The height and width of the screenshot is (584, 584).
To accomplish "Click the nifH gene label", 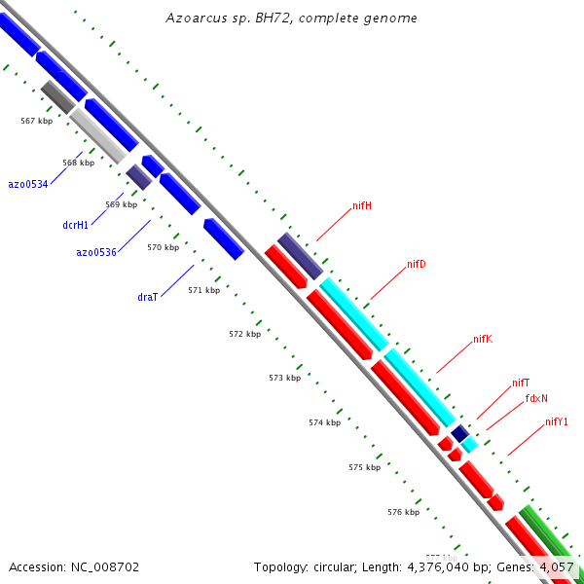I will coord(362,205).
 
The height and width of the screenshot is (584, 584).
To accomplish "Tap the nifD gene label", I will coord(417,264).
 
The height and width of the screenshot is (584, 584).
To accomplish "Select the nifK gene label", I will coord(483,339).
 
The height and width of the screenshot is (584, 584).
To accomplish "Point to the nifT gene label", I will coord(521,383).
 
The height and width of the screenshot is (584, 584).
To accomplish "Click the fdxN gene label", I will coord(536,398).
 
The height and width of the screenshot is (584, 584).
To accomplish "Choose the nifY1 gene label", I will coord(557,421).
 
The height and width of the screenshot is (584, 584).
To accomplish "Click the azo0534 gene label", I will coord(28,184).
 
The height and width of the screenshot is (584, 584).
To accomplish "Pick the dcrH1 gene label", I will coord(75,225).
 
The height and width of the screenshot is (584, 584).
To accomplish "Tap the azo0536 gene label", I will coord(96,252).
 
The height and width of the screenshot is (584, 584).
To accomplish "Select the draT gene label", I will coord(148,297).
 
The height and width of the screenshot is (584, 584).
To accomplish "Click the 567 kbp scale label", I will coord(36,121).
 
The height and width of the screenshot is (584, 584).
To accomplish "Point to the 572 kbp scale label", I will coord(245,334).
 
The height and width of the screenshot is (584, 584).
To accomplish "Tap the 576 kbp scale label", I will coord(403,512).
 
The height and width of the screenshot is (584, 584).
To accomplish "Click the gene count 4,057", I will coord(556,566).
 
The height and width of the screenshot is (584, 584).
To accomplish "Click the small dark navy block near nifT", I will coord(460,432).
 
